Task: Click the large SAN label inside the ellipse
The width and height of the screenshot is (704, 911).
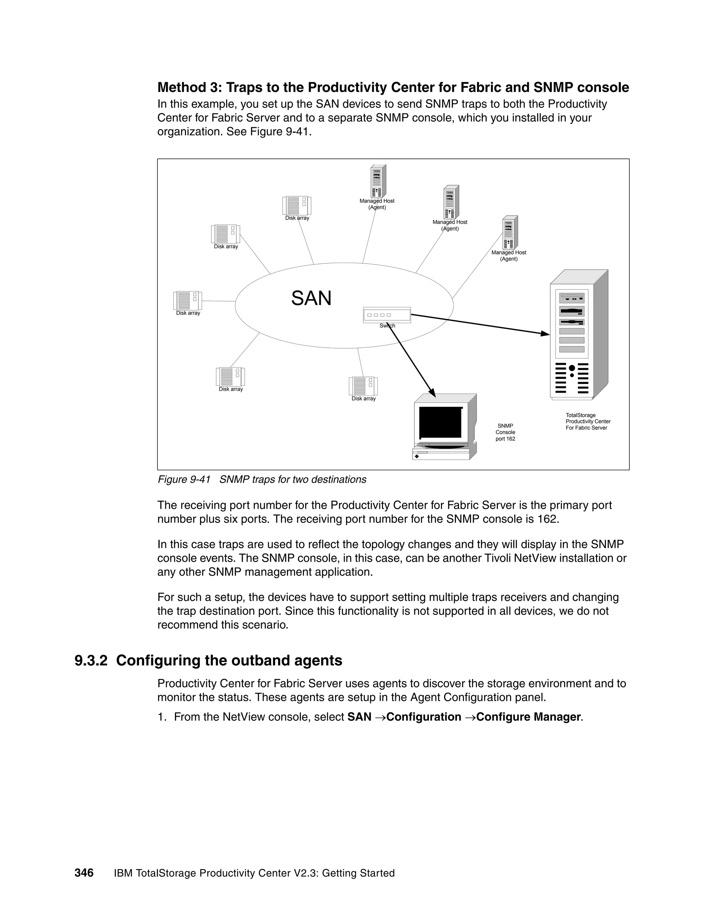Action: tap(311, 299)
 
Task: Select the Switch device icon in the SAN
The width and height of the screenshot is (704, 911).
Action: tap(387, 315)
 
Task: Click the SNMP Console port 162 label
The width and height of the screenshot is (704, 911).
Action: tap(505, 432)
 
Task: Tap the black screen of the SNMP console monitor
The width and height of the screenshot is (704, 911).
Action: tap(440, 422)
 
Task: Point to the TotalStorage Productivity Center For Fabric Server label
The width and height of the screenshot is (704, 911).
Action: tap(587, 421)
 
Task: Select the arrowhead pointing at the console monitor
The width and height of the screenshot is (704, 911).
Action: tap(432, 393)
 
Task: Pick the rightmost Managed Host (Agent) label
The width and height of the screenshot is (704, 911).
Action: tap(508, 256)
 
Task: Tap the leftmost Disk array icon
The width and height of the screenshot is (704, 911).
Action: tap(187, 300)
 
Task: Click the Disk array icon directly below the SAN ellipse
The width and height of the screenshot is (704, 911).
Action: tap(363, 386)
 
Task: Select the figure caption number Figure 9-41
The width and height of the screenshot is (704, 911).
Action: tap(184, 480)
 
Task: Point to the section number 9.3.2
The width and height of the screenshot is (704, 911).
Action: tap(91, 660)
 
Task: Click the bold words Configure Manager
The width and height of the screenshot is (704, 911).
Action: tap(528, 717)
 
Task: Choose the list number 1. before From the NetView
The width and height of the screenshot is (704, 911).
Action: tap(162, 717)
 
